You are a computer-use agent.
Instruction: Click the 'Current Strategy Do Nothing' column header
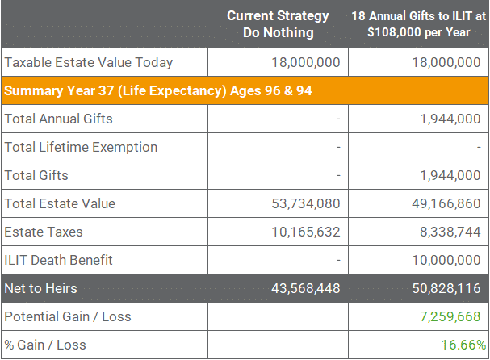click(278, 24)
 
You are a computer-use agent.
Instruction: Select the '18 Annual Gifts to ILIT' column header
click(419, 24)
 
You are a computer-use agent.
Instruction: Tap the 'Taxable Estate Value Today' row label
click(89, 62)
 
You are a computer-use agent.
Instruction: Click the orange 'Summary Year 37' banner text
click(157, 90)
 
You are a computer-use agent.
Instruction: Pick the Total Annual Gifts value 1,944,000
click(450, 119)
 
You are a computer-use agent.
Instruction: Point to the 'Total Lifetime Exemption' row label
click(81, 147)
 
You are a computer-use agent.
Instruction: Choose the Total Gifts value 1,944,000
click(450, 175)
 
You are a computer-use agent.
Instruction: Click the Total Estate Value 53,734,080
click(306, 203)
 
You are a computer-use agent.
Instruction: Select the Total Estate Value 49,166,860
click(446, 203)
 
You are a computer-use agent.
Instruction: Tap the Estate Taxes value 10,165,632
click(306, 232)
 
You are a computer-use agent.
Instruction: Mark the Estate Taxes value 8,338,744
click(450, 232)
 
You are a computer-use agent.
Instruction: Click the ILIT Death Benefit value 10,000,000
click(446, 260)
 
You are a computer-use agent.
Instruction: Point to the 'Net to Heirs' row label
click(40, 288)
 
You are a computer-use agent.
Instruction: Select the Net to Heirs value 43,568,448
click(306, 288)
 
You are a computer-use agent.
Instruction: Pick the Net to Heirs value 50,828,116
click(446, 288)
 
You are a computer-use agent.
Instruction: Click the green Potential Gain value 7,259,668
click(450, 317)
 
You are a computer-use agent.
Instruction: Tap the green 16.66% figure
click(463, 345)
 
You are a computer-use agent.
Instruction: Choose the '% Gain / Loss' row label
click(45, 345)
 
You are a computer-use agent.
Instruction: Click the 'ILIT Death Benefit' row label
click(58, 260)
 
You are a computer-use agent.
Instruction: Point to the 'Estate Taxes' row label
click(44, 232)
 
